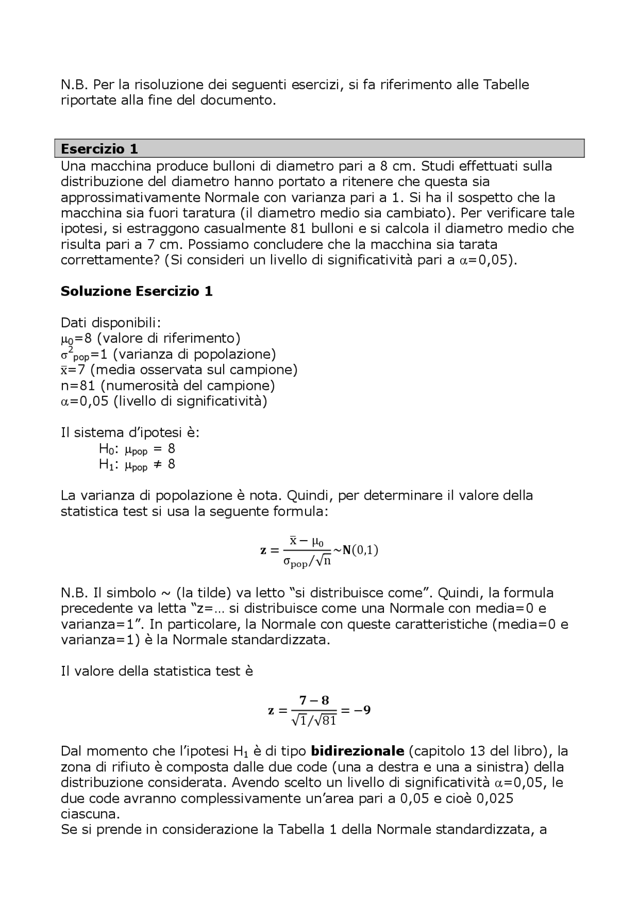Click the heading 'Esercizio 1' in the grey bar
click(99, 149)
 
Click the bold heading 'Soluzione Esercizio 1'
click(136, 292)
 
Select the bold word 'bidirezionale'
click(357, 751)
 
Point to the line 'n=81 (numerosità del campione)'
click(168, 385)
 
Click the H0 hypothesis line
click(137, 449)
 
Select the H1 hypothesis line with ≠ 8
click(137, 465)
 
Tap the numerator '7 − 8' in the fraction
click(314, 700)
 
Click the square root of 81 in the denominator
click(326, 720)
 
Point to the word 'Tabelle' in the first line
click(505, 85)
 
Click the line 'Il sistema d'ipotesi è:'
click(130, 432)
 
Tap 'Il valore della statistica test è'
click(157, 671)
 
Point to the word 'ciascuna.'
click(90, 814)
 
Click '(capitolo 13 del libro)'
click(481, 751)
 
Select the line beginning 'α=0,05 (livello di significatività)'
click(164, 401)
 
